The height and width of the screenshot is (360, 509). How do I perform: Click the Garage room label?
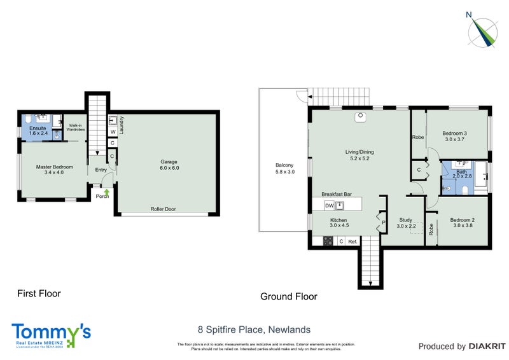coord(169,162)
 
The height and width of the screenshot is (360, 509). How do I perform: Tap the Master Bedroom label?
coord(54,167)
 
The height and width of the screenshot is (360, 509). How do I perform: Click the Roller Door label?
coord(163,209)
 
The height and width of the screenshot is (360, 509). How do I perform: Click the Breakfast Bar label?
coord(337,194)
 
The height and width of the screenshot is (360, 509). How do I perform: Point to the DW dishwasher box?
coord(329,205)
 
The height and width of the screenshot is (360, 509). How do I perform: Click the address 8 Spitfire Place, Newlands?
coord(254,329)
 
